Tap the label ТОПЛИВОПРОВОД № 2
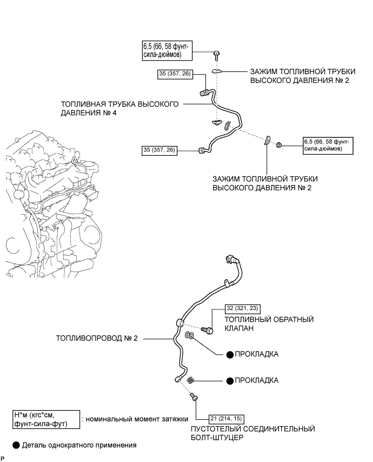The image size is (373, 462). [x=97, y=339]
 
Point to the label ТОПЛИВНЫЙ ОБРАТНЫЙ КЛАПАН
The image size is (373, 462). [x=269, y=324]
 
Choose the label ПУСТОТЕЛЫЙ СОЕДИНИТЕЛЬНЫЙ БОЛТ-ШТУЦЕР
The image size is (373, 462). [x=253, y=433]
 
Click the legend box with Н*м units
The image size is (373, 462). [x=45, y=419]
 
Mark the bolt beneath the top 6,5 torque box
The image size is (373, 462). [x=216, y=55]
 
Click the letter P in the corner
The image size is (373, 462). [x=3, y=458]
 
